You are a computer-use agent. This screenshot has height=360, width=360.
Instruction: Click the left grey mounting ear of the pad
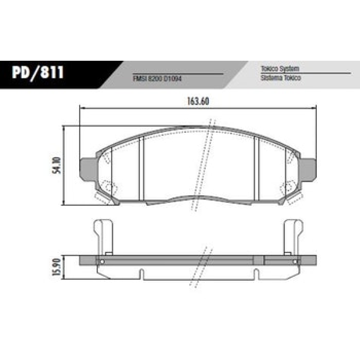(87, 170)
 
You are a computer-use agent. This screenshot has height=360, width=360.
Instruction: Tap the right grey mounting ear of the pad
(308, 170)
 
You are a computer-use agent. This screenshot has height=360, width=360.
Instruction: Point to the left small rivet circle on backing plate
(103, 262)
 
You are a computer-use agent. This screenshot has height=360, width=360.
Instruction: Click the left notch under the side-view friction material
(142, 273)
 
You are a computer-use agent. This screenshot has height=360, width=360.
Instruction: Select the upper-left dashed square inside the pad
(108, 157)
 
